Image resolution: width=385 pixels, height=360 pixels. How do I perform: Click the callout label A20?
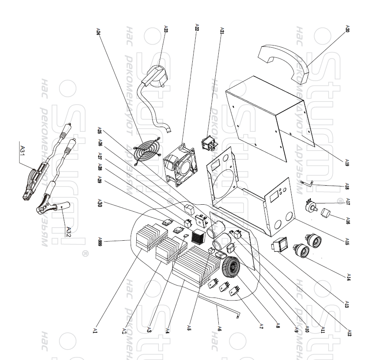[347, 30]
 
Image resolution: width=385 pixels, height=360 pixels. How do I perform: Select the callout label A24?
[98, 31]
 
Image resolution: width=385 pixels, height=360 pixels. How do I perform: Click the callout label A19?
[347, 163]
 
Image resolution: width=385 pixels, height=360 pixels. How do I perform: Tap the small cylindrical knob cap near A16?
[326, 214]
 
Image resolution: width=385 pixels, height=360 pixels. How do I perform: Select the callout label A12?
[349, 332]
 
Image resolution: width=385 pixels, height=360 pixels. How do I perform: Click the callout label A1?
[95, 331]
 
